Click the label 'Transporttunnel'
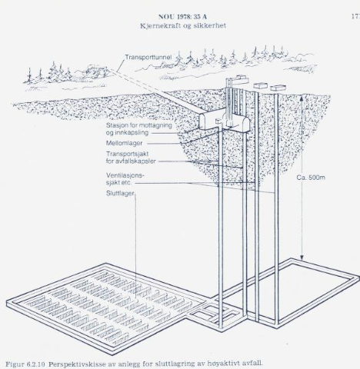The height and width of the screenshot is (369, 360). point(152,57)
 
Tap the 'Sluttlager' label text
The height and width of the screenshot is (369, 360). point(121,193)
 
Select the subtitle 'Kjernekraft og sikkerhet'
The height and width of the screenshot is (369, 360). point(181,24)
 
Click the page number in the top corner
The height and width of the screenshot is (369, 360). point(355,15)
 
